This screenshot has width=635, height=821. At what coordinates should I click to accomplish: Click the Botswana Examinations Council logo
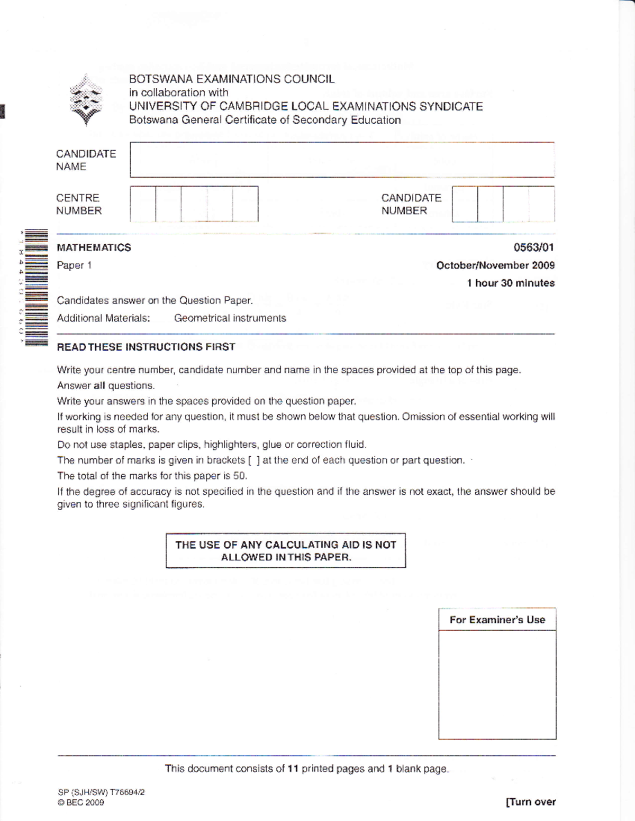(86, 100)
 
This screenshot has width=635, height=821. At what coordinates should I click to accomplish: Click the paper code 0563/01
(533, 247)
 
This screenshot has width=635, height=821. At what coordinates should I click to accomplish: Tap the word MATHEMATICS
(94, 247)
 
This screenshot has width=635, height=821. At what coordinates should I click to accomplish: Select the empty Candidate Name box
(342, 160)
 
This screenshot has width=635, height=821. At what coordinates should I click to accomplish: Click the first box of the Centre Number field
(143, 204)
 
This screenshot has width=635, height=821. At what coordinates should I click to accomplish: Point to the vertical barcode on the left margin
(36, 288)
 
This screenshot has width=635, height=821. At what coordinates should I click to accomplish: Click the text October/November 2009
(495, 265)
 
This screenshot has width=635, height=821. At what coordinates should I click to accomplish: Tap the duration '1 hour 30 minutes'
(510, 283)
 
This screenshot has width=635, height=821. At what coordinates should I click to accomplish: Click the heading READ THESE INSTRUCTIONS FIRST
(146, 347)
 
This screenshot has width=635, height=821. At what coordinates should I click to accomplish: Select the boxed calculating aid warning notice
(286, 550)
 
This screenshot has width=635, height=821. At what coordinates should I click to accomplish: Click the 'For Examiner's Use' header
(497, 620)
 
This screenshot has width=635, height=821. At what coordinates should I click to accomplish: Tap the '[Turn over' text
(531, 801)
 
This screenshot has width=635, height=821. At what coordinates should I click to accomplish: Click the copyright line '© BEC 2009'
(81, 802)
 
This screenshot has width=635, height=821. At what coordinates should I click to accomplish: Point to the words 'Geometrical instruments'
(230, 318)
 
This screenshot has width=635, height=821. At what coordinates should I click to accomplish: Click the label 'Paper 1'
(74, 265)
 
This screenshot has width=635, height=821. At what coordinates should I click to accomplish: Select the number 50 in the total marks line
(240, 476)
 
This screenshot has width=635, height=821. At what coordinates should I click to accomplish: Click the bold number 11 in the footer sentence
(293, 769)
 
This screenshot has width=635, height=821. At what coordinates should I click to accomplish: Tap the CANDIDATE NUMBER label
(411, 204)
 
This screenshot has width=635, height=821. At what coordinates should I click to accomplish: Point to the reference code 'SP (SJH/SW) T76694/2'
(101, 792)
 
